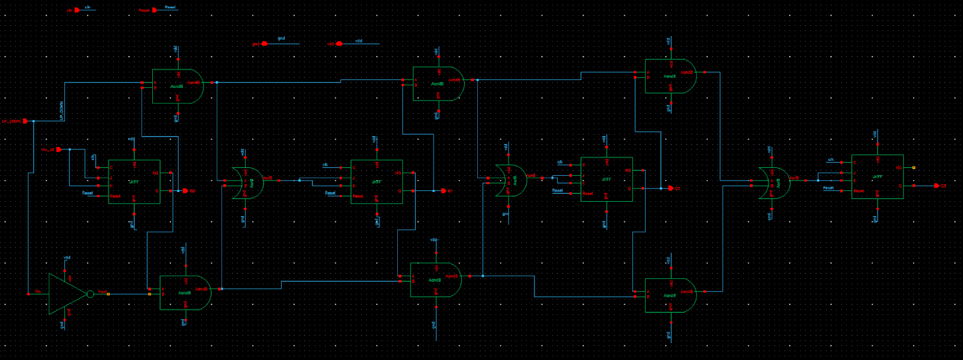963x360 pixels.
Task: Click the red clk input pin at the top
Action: tap(76, 10)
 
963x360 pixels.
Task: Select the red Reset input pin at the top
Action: tap(155, 10)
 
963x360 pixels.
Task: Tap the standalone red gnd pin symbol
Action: tap(264, 44)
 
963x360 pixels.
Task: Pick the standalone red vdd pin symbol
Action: tap(339, 44)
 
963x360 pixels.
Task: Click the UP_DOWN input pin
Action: tap(25, 121)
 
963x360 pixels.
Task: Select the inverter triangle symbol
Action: tap(66, 294)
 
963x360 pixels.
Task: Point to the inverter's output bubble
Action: tap(90, 294)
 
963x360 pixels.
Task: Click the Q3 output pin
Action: tap(937, 186)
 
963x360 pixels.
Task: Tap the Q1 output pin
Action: tap(444, 191)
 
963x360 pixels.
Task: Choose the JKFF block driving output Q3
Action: tap(877, 176)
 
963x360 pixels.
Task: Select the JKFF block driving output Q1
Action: tap(377, 182)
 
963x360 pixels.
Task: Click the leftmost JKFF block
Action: tap(134, 182)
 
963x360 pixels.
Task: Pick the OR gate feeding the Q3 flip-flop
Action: tap(775, 182)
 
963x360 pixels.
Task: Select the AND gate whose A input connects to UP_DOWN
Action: tap(178, 86)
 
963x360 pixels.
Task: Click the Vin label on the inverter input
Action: tap(38, 291)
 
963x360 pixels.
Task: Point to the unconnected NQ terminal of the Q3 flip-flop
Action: tap(914, 168)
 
